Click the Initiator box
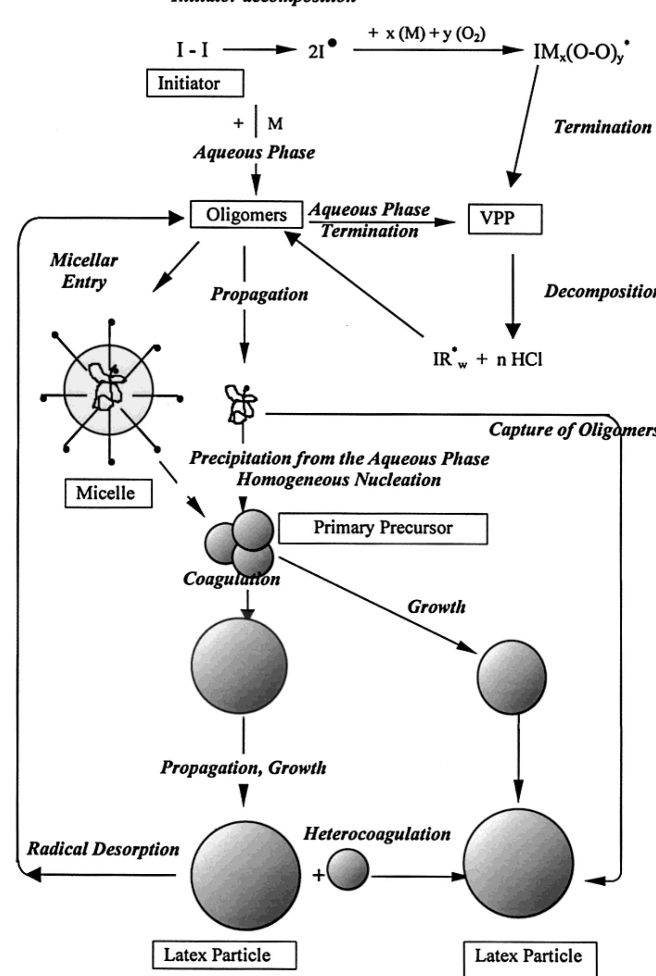tap(195, 83)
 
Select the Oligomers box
tap(246, 215)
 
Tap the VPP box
tap(505, 218)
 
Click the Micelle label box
tap(108, 493)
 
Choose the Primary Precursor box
tap(383, 528)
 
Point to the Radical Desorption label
tap(103, 849)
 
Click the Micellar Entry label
tap(84, 271)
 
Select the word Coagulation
tap(231, 579)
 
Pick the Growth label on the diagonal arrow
tap(436, 607)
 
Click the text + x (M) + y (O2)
tap(427, 35)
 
